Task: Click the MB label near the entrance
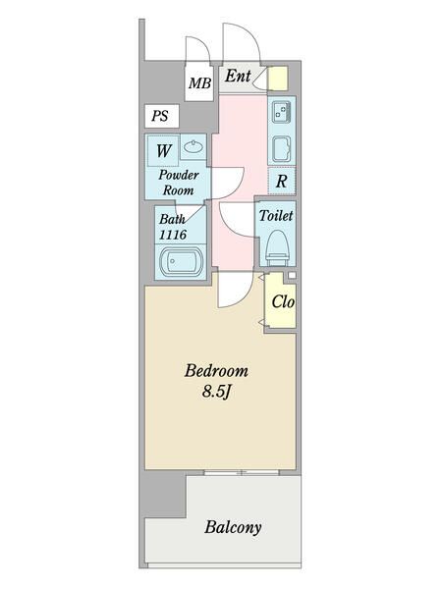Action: pyautogui.click(x=199, y=83)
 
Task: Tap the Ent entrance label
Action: pyautogui.click(x=238, y=76)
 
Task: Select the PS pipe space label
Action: pyautogui.click(x=159, y=116)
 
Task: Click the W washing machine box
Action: pyautogui.click(x=161, y=151)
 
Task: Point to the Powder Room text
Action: pyautogui.click(x=179, y=182)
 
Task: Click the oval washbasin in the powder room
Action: pyautogui.click(x=193, y=150)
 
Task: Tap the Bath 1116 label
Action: pyautogui.click(x=173, y=228)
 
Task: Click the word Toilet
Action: pyautogui.click(x=276, y=215)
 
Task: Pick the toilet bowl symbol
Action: pyautogui.click(x=277, y=246)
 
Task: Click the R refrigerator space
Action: pyautogui.click(x=281, y=181)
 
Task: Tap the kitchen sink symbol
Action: pyautogui.click(x=280, y=149)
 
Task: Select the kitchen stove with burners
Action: pyautogui.click(x=280, y=112)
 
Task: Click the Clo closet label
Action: pyautogui.click(x=282, y=302)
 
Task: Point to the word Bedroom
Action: pyautogui.click(x=217, y=372)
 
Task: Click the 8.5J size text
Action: pyautogui.click(x=217, y=393)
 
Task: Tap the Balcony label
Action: pyautogui.click(x=233, y=527)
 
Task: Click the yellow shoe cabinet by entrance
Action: pyautogui.click(x=278, y=78)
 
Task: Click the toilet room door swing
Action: pyautogui.click(x=237, y=218)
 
